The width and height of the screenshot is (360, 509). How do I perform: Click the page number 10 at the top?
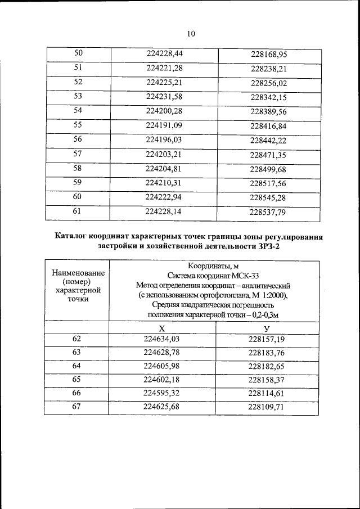click(190, 34)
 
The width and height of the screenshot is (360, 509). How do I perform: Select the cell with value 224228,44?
click(164, 54)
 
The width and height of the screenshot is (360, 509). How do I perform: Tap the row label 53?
click(78, 96)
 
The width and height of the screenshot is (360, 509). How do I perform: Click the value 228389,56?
click(269, 112)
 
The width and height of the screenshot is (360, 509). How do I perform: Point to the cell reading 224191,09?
click(164, 125)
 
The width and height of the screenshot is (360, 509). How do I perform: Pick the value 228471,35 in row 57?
click(269, 155)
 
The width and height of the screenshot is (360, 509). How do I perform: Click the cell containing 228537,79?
click(269, 213)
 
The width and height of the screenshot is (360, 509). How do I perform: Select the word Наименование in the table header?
click(76, 273)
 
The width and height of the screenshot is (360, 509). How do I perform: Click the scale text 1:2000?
click(273, 295)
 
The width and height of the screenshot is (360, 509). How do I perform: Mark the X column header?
click(162, 328)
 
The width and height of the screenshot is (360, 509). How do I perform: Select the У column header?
click(267, 328)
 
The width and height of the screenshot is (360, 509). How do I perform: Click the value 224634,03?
click(162, 339)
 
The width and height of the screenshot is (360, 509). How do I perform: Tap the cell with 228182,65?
click(267, 367)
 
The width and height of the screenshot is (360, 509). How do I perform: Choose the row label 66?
click(76, 393)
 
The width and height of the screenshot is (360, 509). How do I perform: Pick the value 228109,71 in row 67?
click(267, 407)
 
